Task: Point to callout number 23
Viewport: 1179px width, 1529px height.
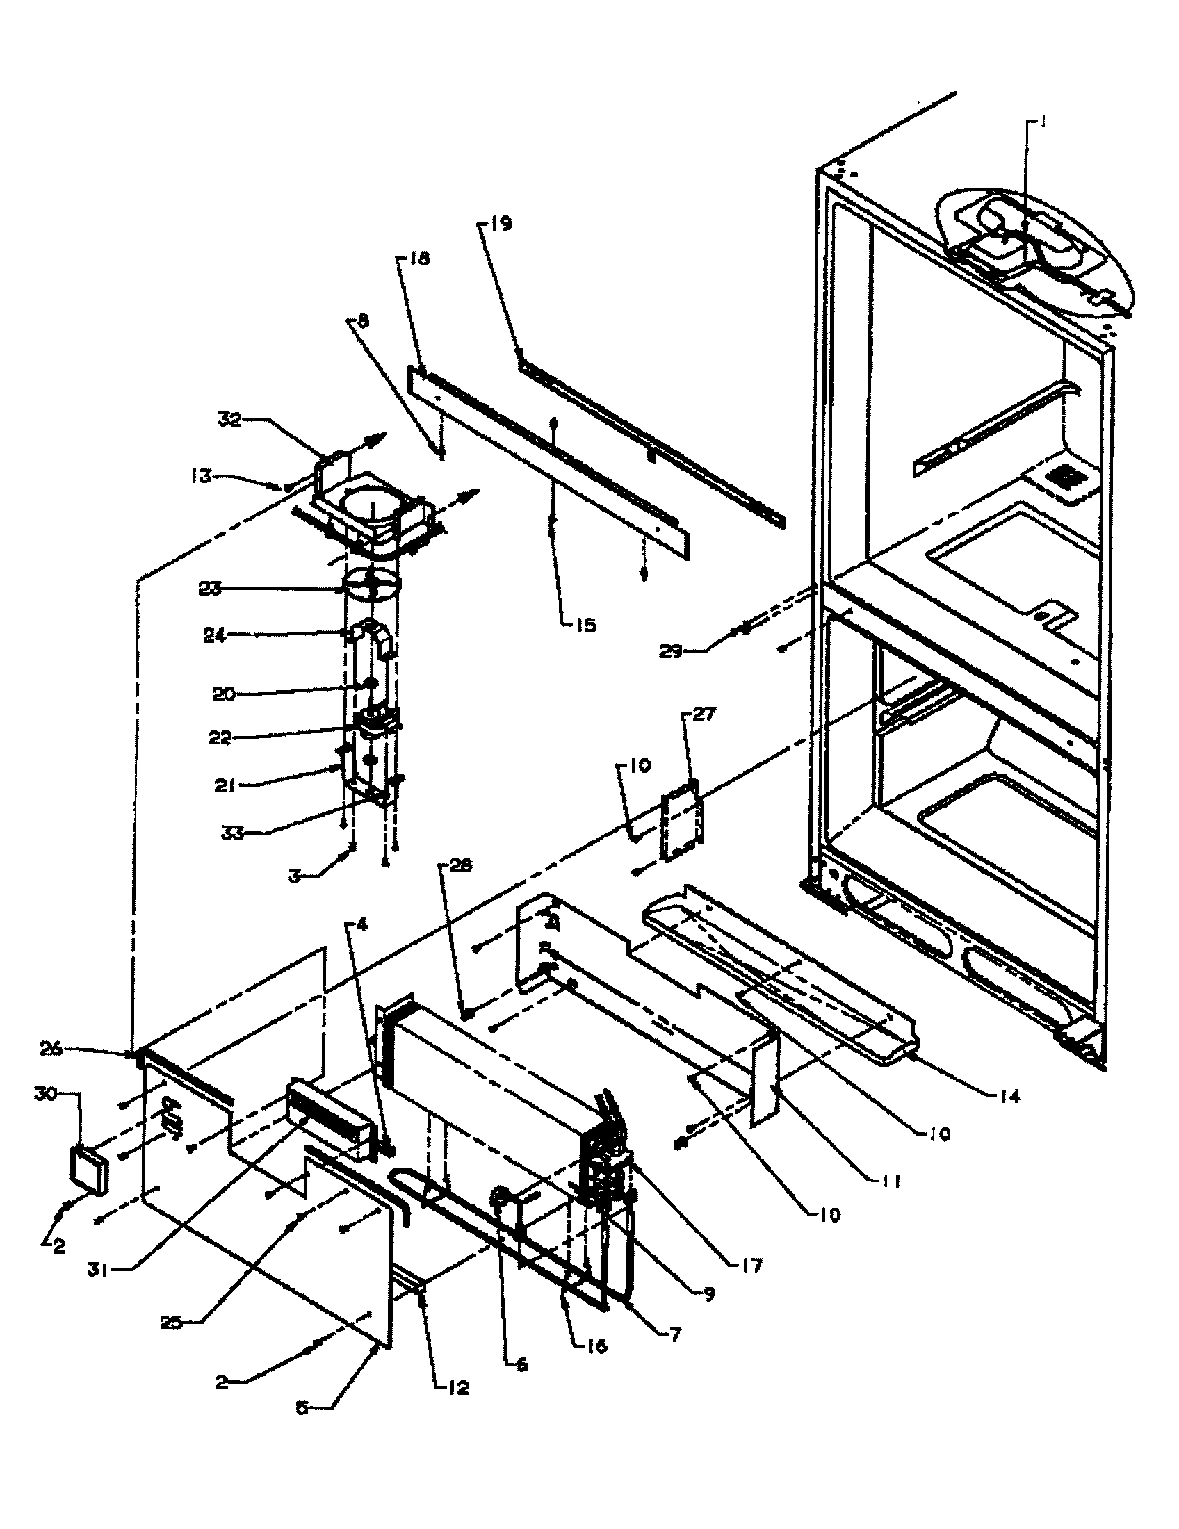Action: (209, 589)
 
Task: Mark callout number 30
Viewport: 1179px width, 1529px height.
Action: (45, 1093)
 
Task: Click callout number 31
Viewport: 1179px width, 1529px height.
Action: (98, 1269)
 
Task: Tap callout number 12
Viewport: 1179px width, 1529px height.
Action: (459, 1387)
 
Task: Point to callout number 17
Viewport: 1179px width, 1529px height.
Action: (751, 1265)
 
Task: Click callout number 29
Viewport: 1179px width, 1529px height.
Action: (672, 652)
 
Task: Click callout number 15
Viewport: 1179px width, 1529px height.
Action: (585, 625)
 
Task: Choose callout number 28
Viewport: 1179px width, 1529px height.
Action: (461, 866)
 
